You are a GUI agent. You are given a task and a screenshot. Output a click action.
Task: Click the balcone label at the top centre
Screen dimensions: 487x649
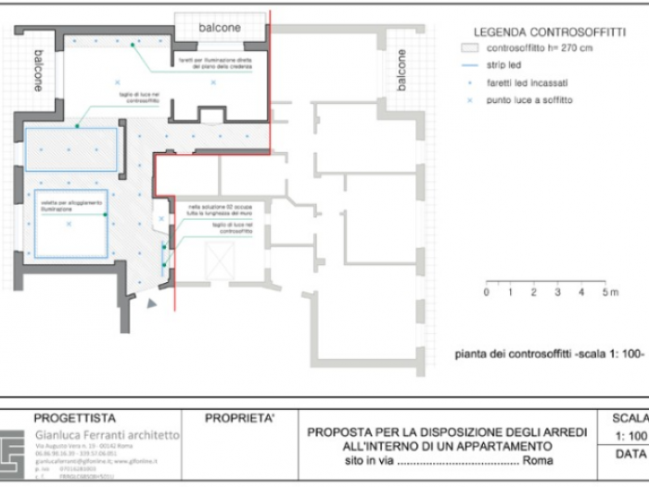coord(220,28)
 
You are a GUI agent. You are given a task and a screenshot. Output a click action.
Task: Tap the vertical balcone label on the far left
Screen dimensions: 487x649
coord(38,70)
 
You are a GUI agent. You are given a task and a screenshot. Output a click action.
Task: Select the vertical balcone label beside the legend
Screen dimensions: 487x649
coord(401,70)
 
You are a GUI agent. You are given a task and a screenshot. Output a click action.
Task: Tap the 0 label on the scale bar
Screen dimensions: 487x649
coord(486,293)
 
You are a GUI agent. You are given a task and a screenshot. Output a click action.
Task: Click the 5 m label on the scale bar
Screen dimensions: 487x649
coord(607,293)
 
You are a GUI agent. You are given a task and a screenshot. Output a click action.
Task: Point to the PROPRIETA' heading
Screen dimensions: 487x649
coord(239,418)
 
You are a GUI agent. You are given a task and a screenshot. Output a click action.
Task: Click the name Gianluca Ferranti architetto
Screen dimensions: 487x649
coord(108,434)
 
